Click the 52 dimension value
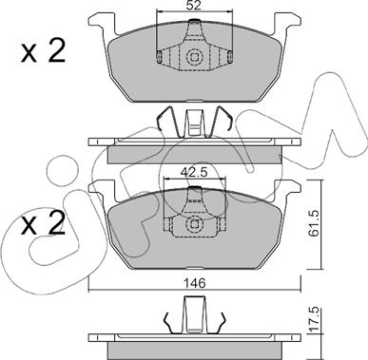193,6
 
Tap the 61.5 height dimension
315,224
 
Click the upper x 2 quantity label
43,50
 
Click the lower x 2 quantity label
43,223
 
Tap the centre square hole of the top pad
194,57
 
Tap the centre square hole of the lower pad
194,224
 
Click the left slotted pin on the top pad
160,56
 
